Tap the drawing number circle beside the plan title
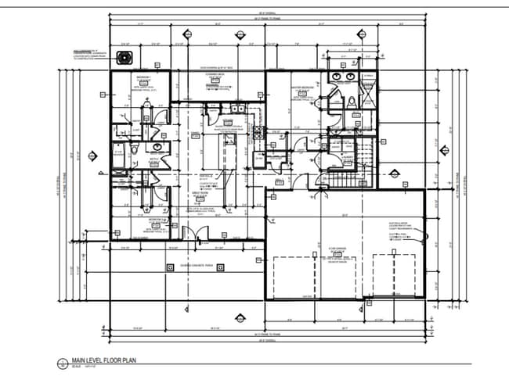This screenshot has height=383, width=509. tap(63, 363)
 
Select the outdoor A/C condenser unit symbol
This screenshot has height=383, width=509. tap(122, 56)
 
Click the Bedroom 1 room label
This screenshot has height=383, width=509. tap(143, 77)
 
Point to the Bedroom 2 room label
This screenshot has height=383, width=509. tap(143, 221)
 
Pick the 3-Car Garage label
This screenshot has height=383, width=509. tap(338, 251)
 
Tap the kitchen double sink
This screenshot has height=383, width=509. tap(237, 109)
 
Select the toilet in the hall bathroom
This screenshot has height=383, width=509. tap(135, 149)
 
